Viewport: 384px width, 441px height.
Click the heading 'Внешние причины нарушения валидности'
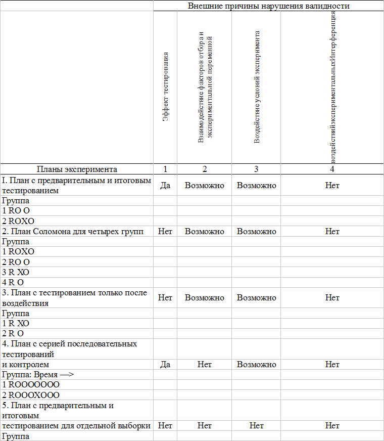point(269,6)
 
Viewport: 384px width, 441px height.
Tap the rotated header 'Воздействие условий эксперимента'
point(257,87)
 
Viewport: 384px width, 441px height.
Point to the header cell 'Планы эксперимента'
point(77,169)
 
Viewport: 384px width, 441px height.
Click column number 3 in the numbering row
point(256,169)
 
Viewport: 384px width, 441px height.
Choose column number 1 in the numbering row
point(165,169)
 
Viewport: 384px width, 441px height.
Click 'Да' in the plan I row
point(165,186)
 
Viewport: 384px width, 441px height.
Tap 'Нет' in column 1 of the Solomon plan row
point(165,231)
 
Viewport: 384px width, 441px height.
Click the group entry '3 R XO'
point(16,272)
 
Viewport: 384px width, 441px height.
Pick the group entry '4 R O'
point(13,282)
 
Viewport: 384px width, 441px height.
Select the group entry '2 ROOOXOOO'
point(31,395)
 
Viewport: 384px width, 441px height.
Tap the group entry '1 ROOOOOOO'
point(31,385)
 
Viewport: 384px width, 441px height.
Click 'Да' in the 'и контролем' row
point(165,364)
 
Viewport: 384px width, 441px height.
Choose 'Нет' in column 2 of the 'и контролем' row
point(204,364)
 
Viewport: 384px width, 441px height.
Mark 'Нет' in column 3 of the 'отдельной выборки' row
point(256,426)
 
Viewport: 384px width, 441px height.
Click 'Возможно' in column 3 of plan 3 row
point(256,297)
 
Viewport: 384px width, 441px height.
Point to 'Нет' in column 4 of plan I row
point(332,186)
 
